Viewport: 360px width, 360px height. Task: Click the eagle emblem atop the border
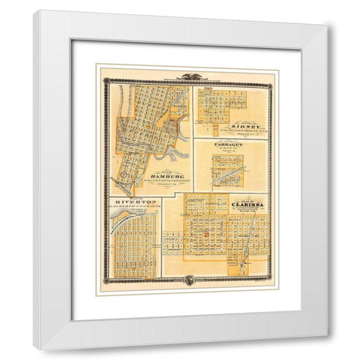coord(187,73)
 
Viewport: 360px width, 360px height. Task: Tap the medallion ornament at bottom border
coord(187,280)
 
